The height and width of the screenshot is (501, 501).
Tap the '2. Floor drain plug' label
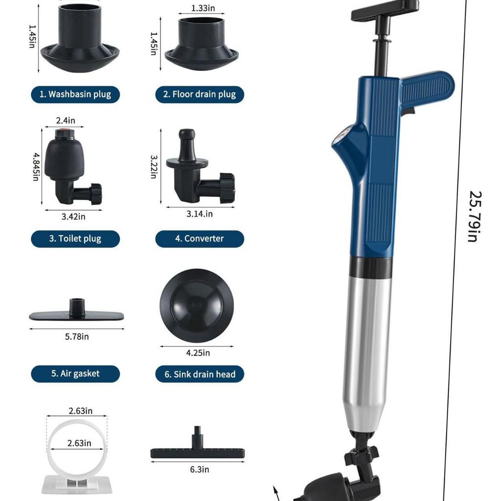click(x=199, y=94)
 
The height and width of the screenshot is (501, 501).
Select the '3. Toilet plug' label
click(x=75, y=239)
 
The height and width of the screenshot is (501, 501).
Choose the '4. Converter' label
click(x=199, y=239)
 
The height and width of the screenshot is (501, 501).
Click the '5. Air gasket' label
click(x=75, y=374)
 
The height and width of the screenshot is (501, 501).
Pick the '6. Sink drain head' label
click(x=199, y=374)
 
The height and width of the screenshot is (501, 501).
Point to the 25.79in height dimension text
click(x=473, y=216)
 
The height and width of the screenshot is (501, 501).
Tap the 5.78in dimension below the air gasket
click(x=76, y=337)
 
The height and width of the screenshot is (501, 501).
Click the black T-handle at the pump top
click(x=385, y=10)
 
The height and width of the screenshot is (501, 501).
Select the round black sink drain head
click(x=196, y=306)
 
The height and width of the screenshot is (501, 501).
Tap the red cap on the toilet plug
click(x=63, y=133)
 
